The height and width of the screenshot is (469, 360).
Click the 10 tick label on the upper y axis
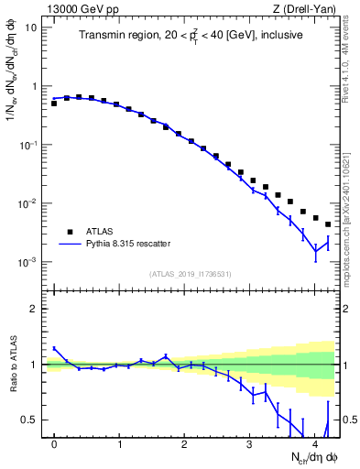point(31,27)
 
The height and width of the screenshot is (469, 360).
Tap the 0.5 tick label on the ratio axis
point(29,420)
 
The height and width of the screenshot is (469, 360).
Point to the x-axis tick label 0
point(55,444)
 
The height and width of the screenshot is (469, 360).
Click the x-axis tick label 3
point(250,444)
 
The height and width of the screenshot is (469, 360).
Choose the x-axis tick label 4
point(315,444)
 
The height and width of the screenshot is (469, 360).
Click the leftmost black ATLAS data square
point(54,104)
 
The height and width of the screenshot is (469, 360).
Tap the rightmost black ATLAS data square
point(328,224)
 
